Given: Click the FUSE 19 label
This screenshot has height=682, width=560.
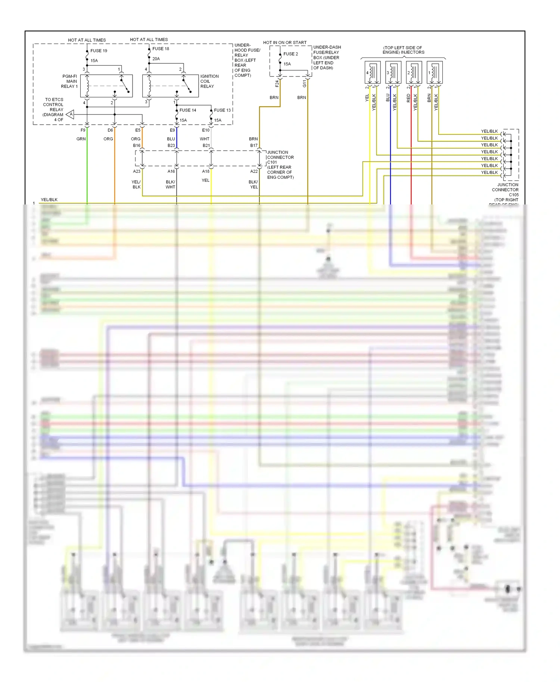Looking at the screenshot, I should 99,51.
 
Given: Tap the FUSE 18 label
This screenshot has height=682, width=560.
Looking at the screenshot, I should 161,49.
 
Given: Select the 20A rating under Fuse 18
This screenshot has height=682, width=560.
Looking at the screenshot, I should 156,59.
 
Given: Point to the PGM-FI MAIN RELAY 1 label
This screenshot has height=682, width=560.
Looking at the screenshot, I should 69,81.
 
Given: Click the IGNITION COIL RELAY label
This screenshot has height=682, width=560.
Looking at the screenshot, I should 209,81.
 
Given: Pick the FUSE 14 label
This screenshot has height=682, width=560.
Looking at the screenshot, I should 187,110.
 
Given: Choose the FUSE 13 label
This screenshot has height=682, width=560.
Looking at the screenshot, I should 222,110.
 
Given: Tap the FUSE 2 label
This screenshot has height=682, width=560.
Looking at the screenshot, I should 290,54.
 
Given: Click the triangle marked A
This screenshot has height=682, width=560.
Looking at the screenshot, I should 71,115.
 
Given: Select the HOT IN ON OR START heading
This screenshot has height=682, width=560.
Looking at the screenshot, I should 284,43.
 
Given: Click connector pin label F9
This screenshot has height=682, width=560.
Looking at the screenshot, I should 83,130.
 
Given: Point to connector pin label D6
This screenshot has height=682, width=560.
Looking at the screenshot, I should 110,130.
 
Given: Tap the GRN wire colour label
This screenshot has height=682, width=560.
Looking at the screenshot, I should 81,139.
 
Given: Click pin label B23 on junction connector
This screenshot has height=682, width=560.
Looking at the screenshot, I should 171,146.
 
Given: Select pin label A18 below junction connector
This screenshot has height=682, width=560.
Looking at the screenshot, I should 206,172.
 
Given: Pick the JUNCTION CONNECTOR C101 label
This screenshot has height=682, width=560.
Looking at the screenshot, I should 280,157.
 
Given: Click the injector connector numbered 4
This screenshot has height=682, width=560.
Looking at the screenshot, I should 372,72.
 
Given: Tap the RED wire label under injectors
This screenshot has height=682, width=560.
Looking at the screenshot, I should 408,98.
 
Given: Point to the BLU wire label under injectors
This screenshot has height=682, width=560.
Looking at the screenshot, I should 388,98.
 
